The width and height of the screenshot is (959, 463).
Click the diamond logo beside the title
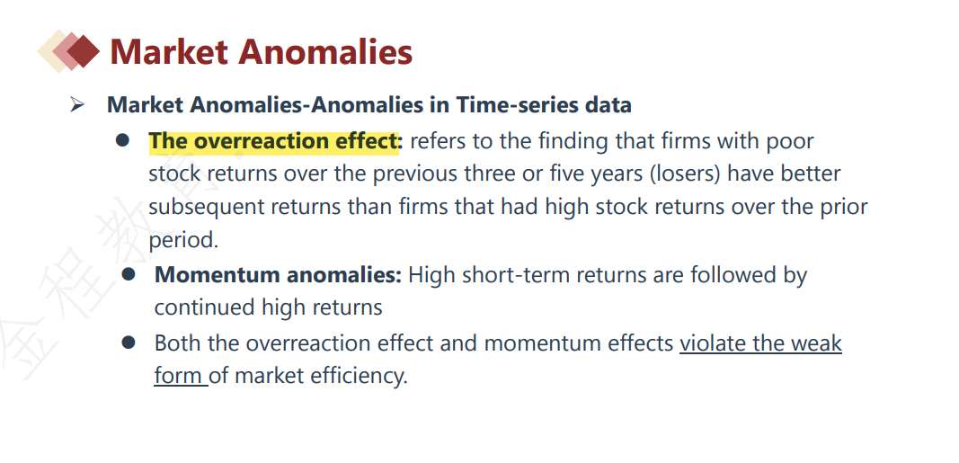click(68, 51)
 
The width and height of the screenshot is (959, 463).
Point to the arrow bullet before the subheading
click(76, 105)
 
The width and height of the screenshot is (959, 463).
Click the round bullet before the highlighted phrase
click(122, 140)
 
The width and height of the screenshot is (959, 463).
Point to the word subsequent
click(206, 207)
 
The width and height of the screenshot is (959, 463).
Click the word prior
click(844, 207)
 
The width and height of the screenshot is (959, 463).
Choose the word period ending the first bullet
click(182, 240)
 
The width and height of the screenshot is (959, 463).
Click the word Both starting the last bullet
click(177, 343)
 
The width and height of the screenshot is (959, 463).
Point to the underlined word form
click(179, 375)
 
